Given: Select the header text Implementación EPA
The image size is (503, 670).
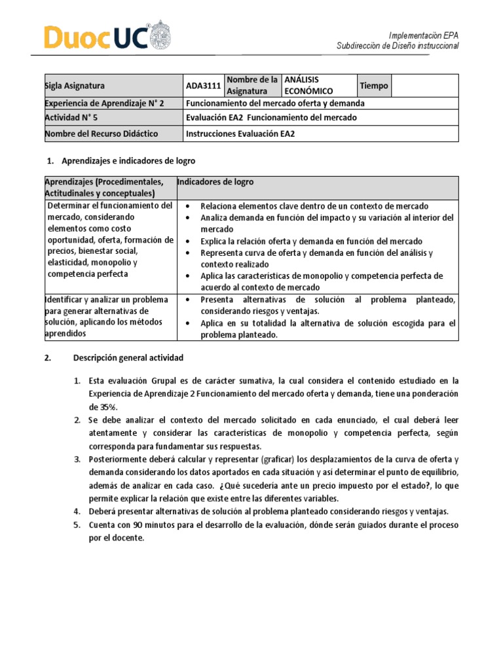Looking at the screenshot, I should tap(424, 35).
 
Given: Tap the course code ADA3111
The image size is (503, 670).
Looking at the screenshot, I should tap(203, 86).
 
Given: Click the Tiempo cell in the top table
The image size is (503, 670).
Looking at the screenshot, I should tap(373, 86).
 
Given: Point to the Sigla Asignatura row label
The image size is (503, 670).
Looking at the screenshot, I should tap(74, 86).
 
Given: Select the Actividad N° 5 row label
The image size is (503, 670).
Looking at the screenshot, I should tap(70, 118).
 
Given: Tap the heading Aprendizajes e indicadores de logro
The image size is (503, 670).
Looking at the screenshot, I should tap(128, 160).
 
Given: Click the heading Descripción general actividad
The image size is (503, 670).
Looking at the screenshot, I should tap(128, 358).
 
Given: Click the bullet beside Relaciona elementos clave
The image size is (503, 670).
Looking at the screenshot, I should tap(188, 206).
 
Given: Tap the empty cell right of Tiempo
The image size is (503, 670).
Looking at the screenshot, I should tap(424, 86).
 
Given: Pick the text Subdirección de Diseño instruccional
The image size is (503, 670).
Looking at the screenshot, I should tap(398, 46).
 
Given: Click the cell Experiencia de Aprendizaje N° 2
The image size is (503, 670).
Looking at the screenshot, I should tap(103, 103).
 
